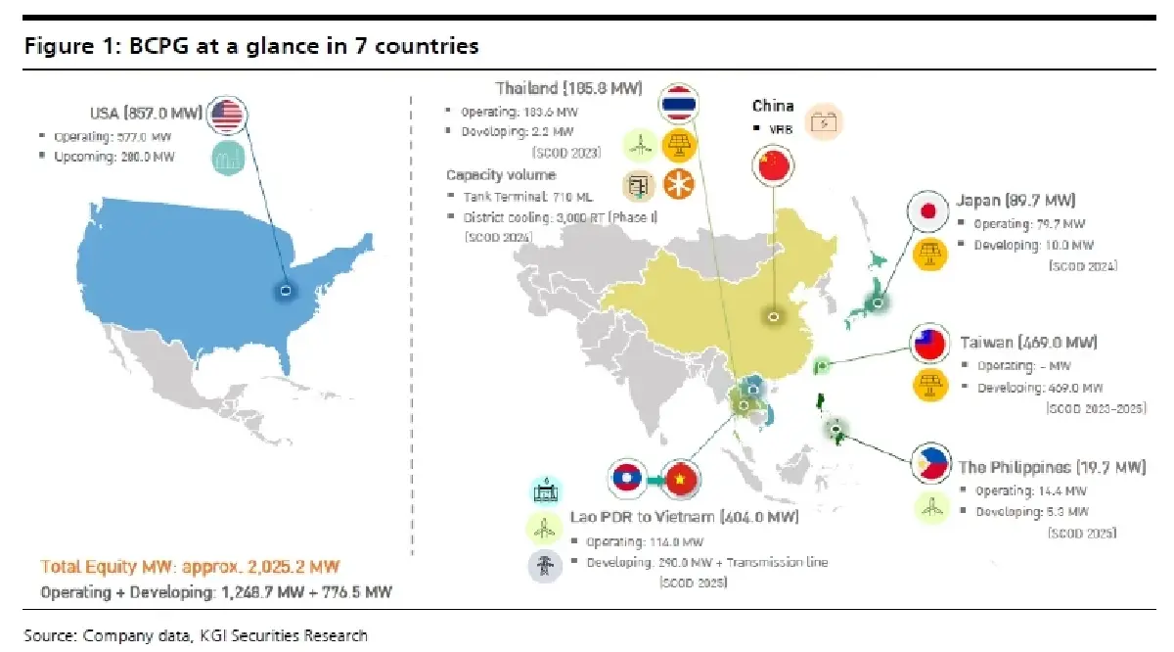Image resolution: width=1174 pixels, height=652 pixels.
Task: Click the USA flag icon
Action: pos(226,116)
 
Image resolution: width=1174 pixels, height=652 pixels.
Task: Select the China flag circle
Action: pos(772,164)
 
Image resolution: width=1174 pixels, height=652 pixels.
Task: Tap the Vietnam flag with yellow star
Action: pos(681,478)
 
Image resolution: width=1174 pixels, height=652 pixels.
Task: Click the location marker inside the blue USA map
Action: pos(285,291)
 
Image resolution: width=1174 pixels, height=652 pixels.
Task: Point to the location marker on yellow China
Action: pos(772,317)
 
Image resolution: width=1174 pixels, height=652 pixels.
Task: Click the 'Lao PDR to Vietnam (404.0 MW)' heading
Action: pos(684,517)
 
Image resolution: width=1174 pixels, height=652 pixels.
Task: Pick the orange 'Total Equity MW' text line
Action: pos(192,567)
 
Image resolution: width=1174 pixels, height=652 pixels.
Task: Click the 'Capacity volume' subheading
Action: pos(501,175)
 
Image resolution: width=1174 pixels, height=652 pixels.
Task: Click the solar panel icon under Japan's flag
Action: pos(927,254)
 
